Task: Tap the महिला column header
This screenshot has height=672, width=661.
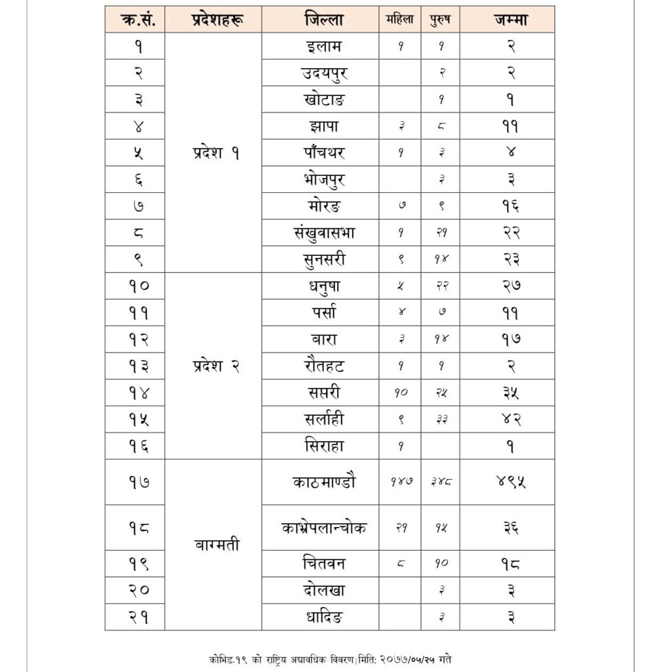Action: [x=399, y=20]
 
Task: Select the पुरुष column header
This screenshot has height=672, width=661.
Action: [x=440, y=20]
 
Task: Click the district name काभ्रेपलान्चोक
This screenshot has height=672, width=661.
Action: [x=324, y=528]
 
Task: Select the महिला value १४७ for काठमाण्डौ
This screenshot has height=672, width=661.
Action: [x=399, y=482]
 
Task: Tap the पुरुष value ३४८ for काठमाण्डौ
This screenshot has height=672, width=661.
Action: [x=440, y=482]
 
